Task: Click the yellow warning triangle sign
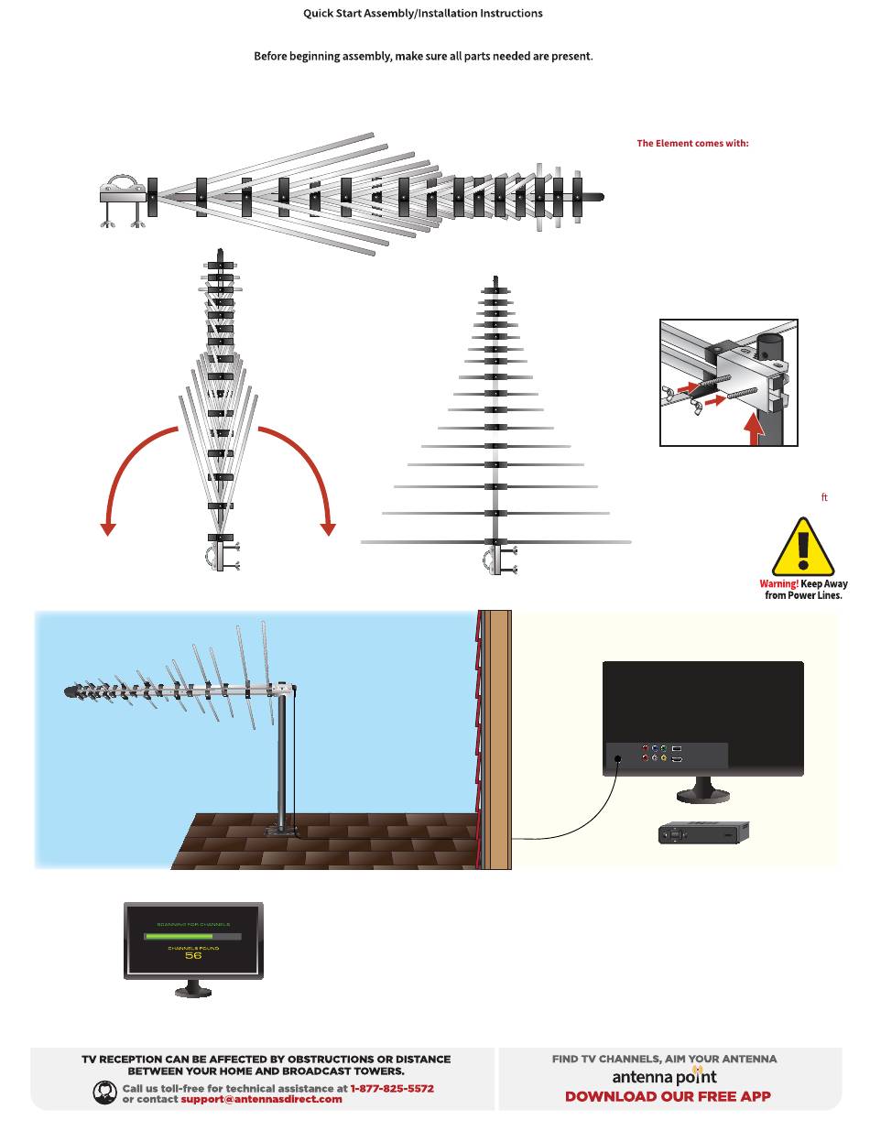click(x=803, y=549)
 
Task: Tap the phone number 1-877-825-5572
click(x=392, y=1088)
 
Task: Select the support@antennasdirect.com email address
click(x=261, y=1099)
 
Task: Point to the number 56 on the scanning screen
click(x=193, y=955)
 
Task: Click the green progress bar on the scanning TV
click(x=179, y=937)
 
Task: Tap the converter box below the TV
click(x=703, y=832)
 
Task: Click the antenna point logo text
click(x=665, y=1077)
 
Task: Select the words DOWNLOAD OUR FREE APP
click(x=668, y=1096)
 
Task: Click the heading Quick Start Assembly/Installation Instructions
click(x=423, y=14)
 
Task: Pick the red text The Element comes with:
click(x=692, y=144)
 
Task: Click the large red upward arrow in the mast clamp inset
click(x=753, y=429)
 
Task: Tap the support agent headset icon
click(x=105, y=1092)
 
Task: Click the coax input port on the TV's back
click(x=618, y=758)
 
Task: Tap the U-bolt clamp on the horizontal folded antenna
click(x=123, y=191)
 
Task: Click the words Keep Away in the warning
click(x=824, y=583)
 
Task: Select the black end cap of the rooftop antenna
click(x=71, y=692)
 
